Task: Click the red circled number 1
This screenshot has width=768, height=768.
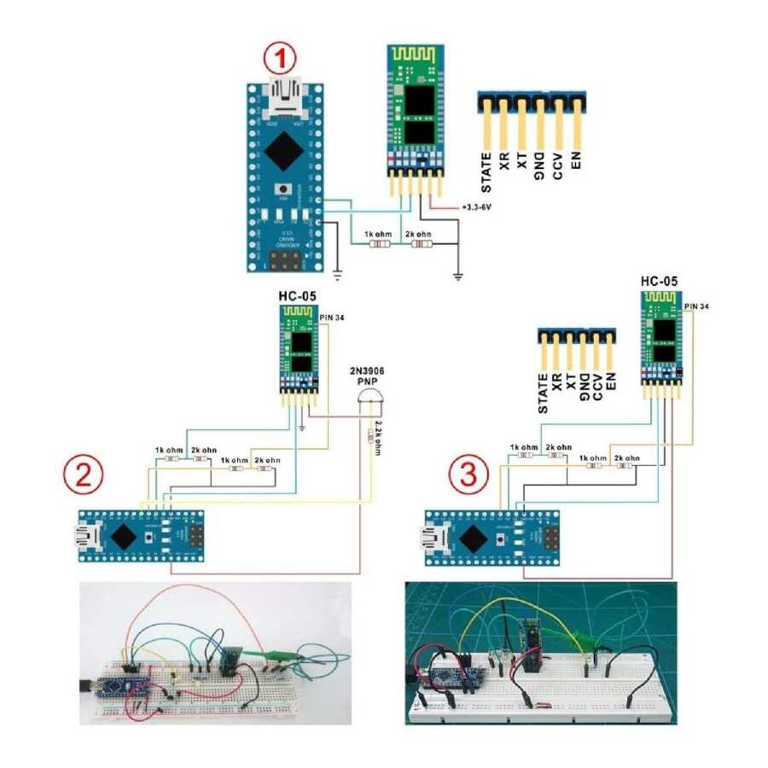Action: [281, 61]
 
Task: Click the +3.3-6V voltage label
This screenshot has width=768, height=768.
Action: [479, 207]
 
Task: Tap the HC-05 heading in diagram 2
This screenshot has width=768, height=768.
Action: [295, 296]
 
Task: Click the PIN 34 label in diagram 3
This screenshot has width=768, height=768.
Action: [697, 305]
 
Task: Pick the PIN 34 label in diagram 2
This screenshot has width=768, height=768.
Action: [334, 317]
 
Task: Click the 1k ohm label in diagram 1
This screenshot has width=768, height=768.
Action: [378, 233]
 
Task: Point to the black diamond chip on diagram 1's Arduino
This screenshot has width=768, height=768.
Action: [282, 153]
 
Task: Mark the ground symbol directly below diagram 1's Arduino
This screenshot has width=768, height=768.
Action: [338, 275]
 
